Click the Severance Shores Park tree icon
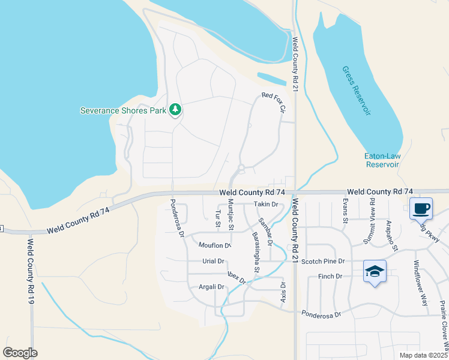click(x=175, y=109)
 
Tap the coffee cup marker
click(x=421, y=209)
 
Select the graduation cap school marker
click(x=375, y=271)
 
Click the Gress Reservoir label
click(x=357, y=91)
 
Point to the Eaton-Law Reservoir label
click(x=382, y=160)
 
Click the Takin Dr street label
click(x=266, y=205)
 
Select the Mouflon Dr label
click(x=215, y=245)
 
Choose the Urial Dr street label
click(x=213, y=262)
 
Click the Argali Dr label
click(x=211, y=287)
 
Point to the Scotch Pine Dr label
click(x=323, y=262)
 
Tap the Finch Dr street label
click(x=330, y=277)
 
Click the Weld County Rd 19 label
click(x=30, y=271)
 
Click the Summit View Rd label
click(x=369, y=221)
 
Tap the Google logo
click(x=20, y=353)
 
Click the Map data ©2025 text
click(x=423, y=355)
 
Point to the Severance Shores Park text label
click(x=124, y=110)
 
